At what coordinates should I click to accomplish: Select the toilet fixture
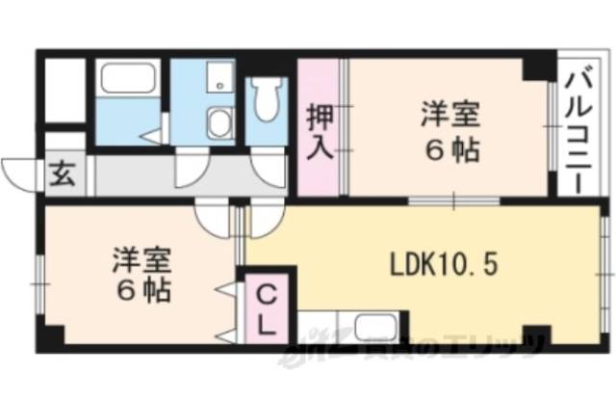267,96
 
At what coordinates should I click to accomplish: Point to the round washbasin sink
219,121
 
